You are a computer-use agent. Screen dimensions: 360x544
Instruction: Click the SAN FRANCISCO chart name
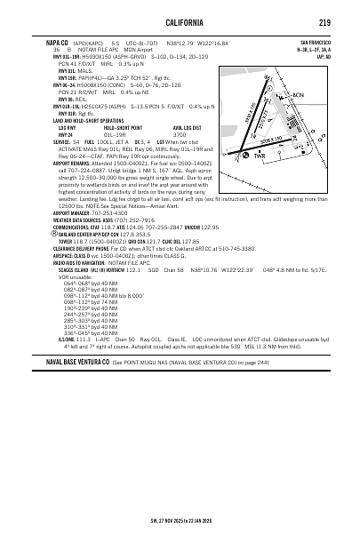[x=315, y=42]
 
